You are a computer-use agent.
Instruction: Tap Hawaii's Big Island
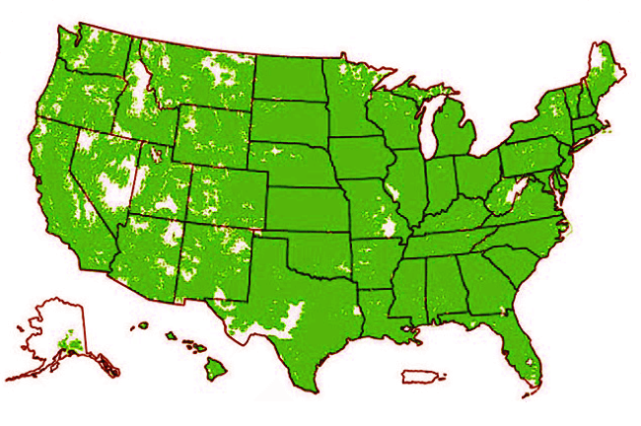(x=216, y=370)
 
